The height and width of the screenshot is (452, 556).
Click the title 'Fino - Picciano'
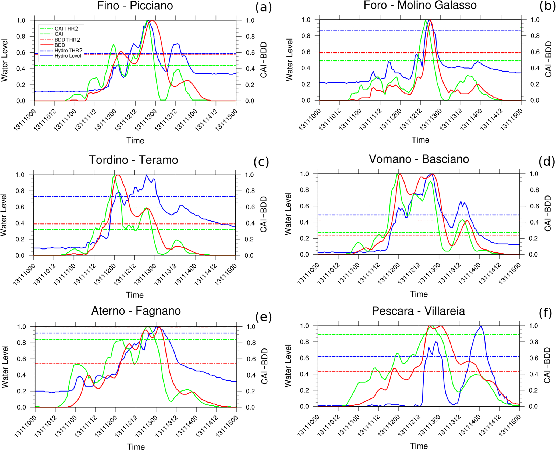tap(135, 6)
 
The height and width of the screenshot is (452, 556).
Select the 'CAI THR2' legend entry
tap(66, 29)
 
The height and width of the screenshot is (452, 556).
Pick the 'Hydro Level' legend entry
tap(68, 56)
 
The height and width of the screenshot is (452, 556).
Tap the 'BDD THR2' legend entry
tap(67, 40)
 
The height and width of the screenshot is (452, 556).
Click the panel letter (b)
tap(547, 6)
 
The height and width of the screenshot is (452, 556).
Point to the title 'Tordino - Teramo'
tap(133, 160)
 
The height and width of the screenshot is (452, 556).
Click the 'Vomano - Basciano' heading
tap(419, 159)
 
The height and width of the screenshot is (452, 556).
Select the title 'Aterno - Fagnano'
tap(136, 311)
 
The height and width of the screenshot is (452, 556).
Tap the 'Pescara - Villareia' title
tap(418, 311)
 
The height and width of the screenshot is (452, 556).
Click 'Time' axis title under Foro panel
tap(420, 140)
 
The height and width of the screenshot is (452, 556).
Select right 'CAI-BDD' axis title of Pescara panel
tap(547, 365)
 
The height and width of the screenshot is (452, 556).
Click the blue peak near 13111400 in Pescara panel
tap(481, 326)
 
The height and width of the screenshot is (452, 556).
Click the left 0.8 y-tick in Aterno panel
tap(22, 343)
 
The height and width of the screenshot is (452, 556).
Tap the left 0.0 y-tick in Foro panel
tap(306, 101)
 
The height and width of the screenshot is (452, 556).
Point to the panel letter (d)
tap(547, 161)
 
